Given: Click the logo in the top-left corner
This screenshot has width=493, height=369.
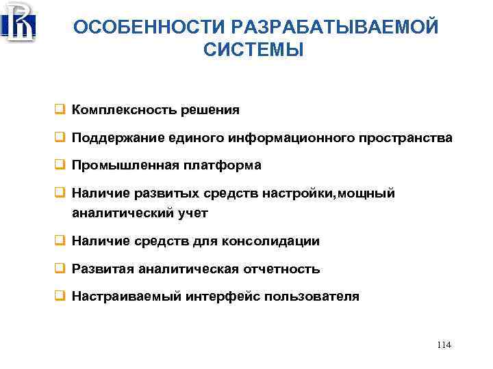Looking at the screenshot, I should coord(18,22).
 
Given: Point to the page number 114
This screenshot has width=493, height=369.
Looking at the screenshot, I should coord(444,345).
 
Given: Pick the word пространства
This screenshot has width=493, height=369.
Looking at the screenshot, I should coord(408,138).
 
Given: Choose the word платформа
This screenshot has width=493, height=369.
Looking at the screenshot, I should coord(229,166).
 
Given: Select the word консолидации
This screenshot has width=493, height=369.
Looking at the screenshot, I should coord(277,241).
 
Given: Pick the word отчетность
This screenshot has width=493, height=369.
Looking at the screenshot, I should coord(281,269).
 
